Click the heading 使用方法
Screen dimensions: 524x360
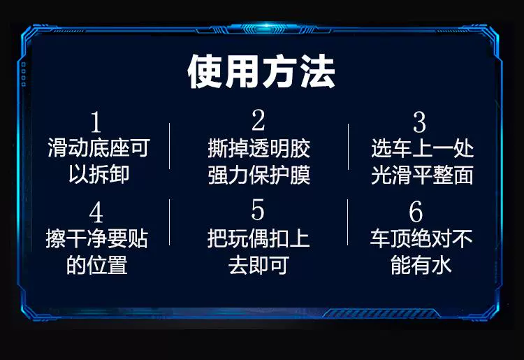(x=261, y=71)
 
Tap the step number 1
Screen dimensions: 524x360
(x=96, y=122)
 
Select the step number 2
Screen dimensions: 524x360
(x=259, y=120)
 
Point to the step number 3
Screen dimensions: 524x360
(x=419, y=122)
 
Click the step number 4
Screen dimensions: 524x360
(x=96, y=212)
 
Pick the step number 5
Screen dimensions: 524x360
(x=258, y=210)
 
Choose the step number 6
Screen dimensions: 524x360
(x=416, y=211)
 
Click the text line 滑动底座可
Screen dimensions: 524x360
(x=99, y=147)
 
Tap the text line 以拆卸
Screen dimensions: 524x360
(x=99, y=174)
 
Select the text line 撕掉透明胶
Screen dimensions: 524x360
(x=259, y=148)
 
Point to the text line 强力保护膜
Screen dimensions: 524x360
(x=259, y=175)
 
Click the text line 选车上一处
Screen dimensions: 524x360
(x=423, y=148)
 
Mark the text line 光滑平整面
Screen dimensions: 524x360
(x=423, y=175)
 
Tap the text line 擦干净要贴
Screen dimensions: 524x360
(x=97, y=238)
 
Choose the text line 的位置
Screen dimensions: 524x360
(x=97, y=265)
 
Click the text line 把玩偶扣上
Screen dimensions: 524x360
(x=259, y=238)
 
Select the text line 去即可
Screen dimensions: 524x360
(x=259, y=265)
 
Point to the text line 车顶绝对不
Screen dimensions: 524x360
(x=421, y=238)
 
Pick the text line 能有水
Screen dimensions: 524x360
(x=421, y=265)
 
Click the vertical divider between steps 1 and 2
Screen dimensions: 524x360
(x=170, y=146)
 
